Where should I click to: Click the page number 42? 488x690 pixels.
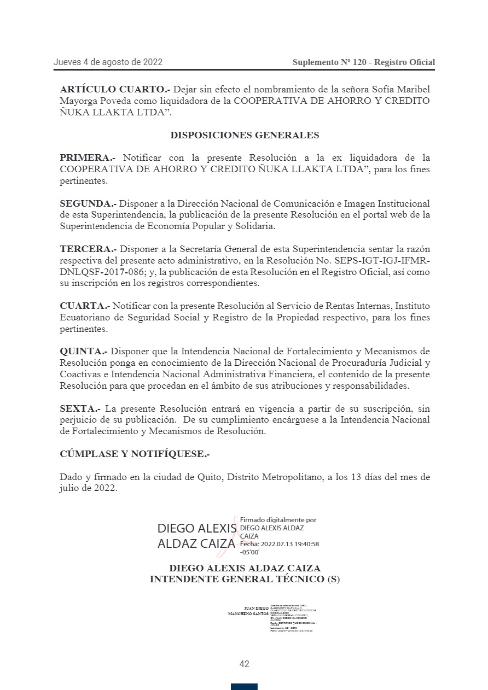(244, 664)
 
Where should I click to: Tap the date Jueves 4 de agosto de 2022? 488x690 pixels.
(108, 62)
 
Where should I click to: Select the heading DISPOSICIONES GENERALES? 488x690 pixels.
(244, 135)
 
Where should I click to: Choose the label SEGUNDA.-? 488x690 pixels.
(88, 203)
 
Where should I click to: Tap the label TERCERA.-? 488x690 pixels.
(88, 249)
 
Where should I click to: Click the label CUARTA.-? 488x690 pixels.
(85, 306)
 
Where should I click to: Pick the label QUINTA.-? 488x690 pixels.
(83, 351)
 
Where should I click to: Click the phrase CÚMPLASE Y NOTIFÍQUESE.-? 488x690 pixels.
(135, 454)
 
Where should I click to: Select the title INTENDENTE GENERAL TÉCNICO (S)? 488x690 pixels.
(245, 580)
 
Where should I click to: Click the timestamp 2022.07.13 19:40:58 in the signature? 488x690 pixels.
(290, 544)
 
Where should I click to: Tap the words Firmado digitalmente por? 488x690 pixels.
(278, 520)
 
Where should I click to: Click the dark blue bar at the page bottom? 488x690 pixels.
(244, 686)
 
